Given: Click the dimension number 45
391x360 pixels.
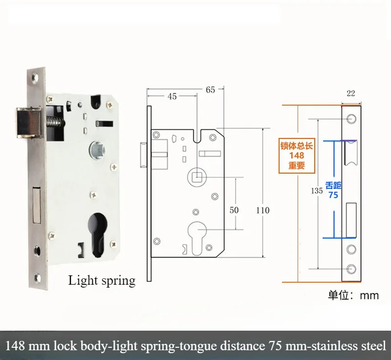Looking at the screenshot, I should pos(172,96).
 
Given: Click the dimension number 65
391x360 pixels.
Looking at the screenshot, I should pos(211,90).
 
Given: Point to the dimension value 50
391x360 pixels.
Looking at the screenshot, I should pos(234,210).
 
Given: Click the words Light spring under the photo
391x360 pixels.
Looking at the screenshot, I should pos(102,281).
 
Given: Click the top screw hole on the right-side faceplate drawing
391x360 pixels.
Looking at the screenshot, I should pos(351,119).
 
